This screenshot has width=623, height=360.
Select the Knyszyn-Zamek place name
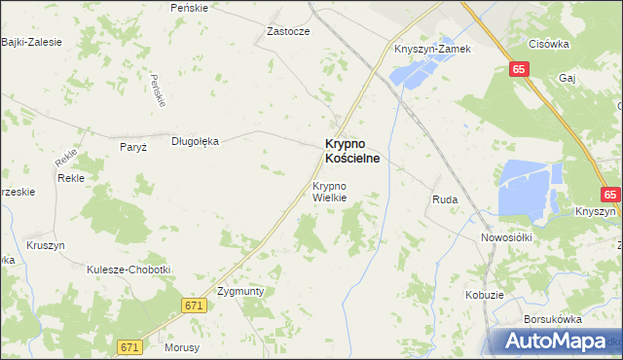click(x=432, y=49)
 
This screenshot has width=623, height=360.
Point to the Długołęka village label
click(x=196, y=141)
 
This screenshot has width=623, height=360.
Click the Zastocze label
click(x=288, y=31)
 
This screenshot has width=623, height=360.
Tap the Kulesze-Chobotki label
click(x=128, y=270)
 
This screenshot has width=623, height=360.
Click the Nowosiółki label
click(x=504, y=237)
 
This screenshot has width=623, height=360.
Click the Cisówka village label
click(x=548, y=43)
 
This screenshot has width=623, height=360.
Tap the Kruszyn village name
click(x=46, y=245)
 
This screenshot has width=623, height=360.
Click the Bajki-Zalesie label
click(x=31, y=42)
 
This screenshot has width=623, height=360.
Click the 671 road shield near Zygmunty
click(x=195, y=306)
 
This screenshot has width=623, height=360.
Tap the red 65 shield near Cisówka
click(x=519, y=69)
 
